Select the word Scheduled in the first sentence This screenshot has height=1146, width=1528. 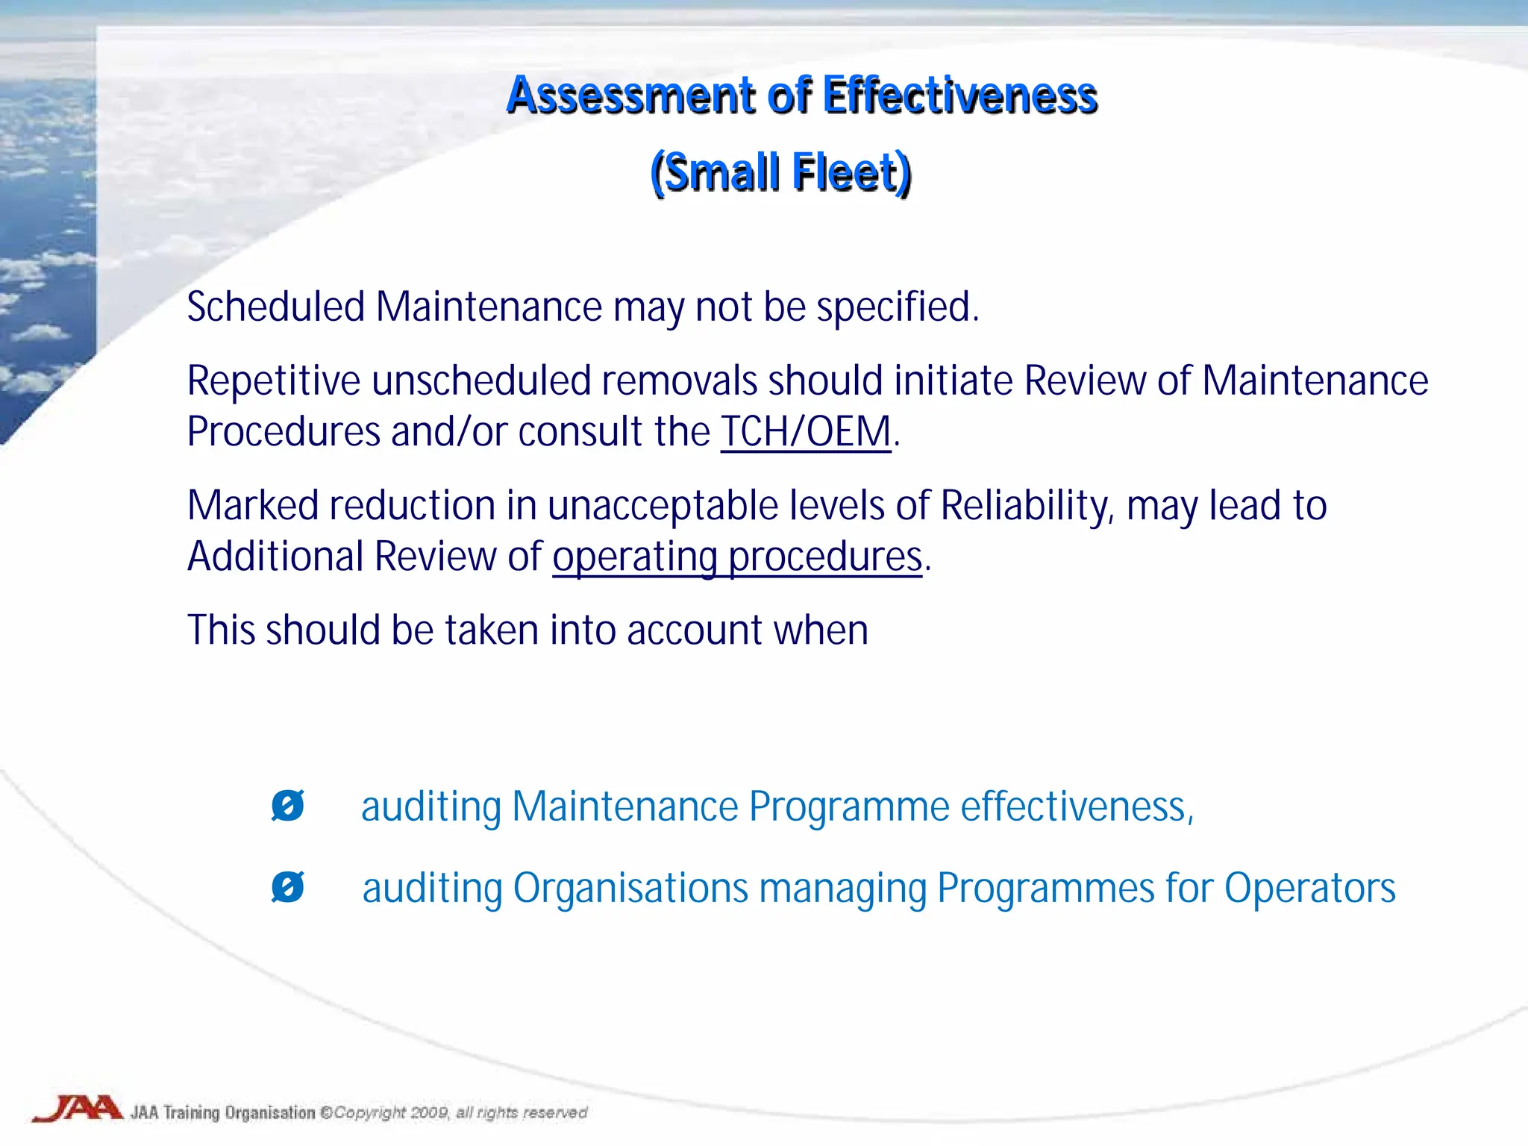[276, 307]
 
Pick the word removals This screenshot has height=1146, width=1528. [680, 381]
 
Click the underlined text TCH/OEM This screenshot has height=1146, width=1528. [806, 431]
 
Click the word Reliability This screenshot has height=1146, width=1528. [1027, 505]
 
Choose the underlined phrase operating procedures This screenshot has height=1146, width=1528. [737, 557]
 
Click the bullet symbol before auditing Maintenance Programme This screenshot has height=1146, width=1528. [287, 806]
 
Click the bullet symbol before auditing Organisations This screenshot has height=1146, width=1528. [287, 887]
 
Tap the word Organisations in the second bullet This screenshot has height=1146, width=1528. [630, 888]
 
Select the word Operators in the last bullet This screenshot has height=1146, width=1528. [1309, 888]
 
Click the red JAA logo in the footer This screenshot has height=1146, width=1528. [78, 1109]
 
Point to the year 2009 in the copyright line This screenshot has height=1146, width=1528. [430, 1112]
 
